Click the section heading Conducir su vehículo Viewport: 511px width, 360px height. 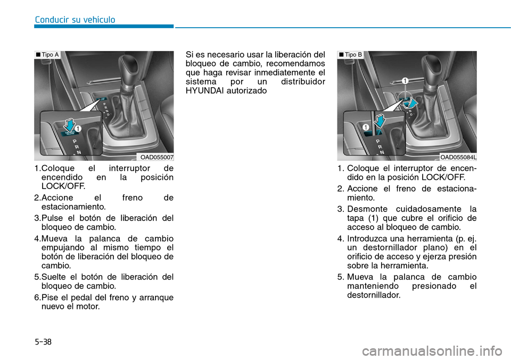75,20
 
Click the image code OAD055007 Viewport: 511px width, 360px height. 157,157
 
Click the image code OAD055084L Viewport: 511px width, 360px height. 458,157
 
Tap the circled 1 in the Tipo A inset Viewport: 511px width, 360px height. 78,128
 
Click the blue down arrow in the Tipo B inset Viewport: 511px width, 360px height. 380,120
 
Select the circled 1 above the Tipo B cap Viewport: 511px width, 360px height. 405,81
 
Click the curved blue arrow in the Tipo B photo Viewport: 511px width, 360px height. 410,103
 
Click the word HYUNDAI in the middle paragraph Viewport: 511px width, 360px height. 203,91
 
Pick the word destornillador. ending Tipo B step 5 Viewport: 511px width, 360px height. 373,294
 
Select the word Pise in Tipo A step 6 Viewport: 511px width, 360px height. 50,298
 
